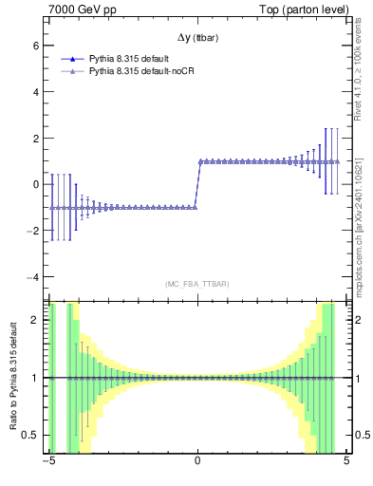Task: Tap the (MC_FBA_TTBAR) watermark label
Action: click(x=196, y=284)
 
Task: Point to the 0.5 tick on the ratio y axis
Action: click(x=30, y=435)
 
